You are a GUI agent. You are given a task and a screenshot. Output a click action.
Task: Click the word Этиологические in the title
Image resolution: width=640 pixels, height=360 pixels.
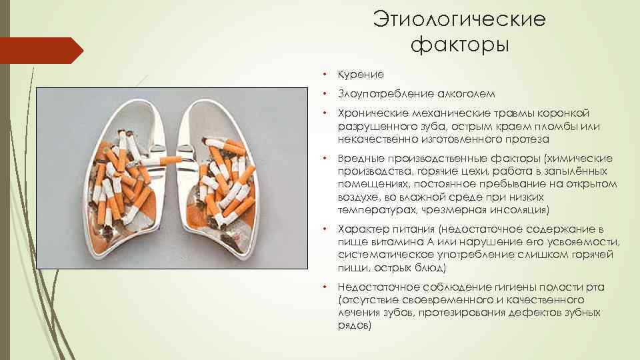click(459, 19)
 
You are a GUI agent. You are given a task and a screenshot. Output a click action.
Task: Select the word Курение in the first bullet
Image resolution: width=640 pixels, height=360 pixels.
click(361, 74)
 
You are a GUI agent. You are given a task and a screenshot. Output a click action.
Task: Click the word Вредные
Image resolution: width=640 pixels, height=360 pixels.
click(361, 159)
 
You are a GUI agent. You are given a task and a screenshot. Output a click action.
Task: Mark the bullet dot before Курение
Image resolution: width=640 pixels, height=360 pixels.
click(323, 75)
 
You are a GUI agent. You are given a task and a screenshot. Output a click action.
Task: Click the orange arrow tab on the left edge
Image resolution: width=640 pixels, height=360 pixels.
click(40, 51)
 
